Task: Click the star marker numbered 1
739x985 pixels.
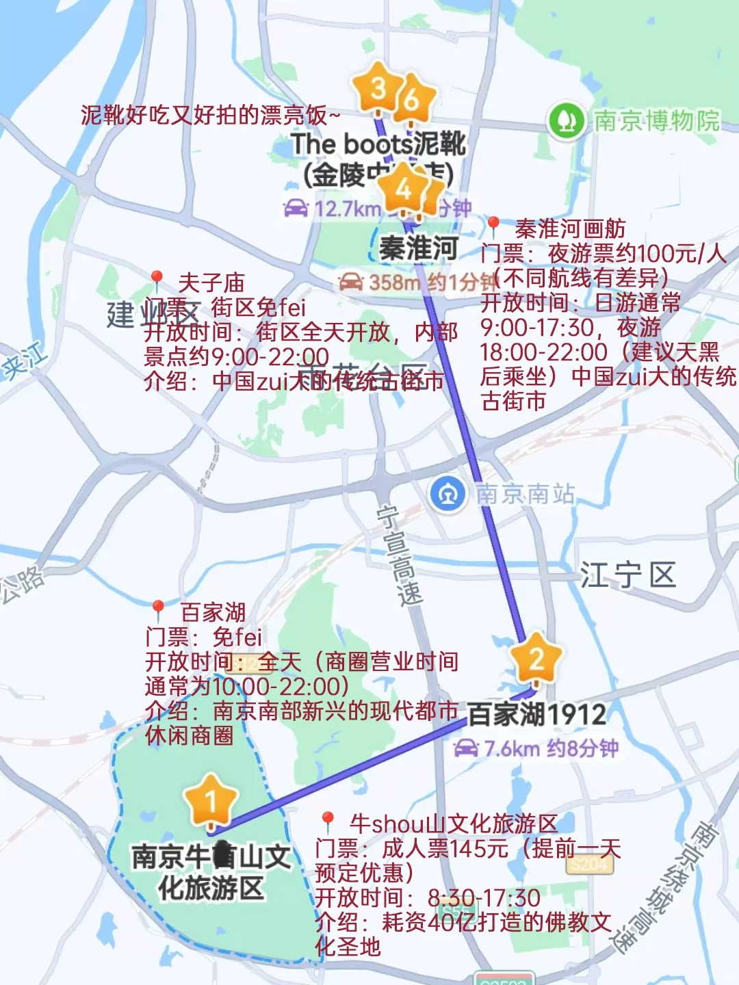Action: pyautogui.click(x=211, y=800)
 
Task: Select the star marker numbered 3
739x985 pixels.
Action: pyautogui.click(x=377, y=88)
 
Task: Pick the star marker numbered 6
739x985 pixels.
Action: pyautogui.click(x=412, y=99)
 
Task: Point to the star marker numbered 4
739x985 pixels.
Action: pyautogui.click(x=404, y=188)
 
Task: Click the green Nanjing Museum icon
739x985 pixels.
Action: pyautogui.click(x=565, y=120)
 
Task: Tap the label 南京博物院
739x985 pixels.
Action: pyautogui.click(x=656, y=121)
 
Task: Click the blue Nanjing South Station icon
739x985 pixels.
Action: pyautogui.click(x=448, y=493)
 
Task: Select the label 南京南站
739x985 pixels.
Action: pyautogui.click(x=525, y=493)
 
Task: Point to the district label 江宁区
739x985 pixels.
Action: pyautogui.click(x=628, y=575)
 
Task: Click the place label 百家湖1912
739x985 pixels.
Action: pyautogui.click(x=537, y=715)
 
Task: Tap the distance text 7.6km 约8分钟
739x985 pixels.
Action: pyautogui.click(x=537, y=748)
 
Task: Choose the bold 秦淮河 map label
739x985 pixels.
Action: pyautogui.click(x=418, y=248)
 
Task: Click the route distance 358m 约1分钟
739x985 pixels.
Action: pyautogui.click(x=417, y=282)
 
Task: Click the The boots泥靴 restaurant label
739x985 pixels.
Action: pyautogui.click(x=378, y=144)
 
